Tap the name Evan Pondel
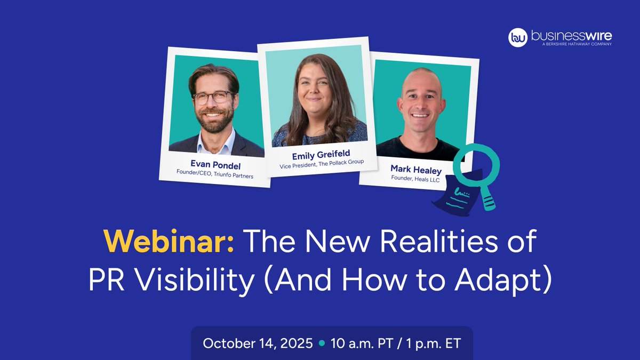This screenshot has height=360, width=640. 215,165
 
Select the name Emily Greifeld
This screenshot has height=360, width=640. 321,155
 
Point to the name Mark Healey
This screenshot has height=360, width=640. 416,170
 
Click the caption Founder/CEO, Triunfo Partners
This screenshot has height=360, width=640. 215,174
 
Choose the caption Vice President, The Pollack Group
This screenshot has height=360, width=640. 322,164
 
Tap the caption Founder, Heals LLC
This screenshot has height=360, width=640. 415,179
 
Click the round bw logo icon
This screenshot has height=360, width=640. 518,37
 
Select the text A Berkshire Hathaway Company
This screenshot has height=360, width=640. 577,44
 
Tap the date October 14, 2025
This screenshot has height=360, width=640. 258,343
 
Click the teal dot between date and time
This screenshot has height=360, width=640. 322,343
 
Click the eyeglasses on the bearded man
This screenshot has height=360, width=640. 213,98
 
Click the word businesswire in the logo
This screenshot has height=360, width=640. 571,36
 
